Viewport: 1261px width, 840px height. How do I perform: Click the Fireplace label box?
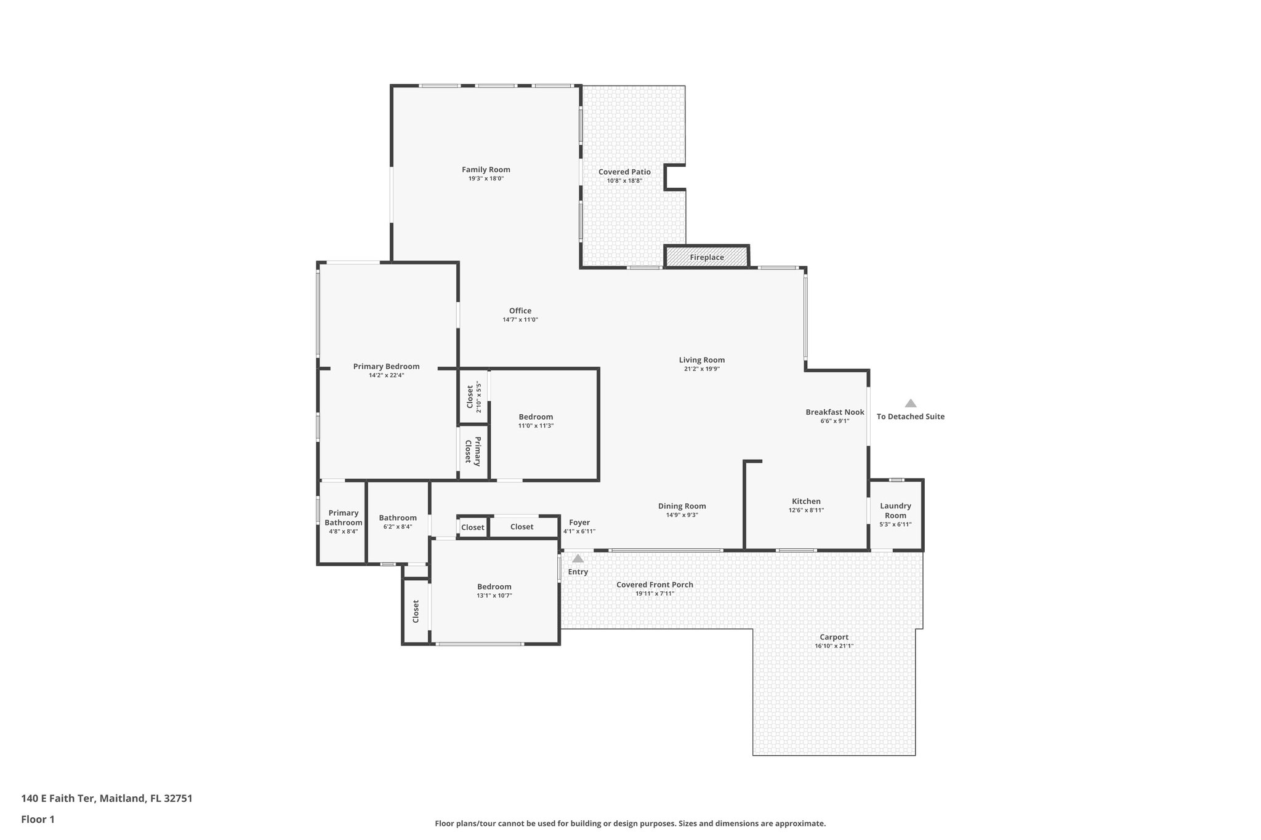706,257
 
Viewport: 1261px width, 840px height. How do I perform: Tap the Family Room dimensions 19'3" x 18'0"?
486,178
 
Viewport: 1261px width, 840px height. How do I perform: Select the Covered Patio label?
624,172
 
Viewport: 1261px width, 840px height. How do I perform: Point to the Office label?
520,311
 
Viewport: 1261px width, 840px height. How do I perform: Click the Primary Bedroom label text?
386,366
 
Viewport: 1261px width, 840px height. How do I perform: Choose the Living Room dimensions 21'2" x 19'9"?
701,369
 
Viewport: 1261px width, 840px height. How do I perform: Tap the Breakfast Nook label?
834,412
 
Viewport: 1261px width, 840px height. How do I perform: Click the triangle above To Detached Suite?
910,403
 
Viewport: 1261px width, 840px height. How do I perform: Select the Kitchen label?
806,502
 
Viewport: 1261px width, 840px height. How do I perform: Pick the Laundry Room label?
895,510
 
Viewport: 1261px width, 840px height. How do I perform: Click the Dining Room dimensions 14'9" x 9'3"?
682,515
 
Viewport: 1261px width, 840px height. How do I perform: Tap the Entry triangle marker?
578,559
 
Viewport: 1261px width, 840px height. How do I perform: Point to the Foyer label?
579,522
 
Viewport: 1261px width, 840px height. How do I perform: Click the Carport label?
834,637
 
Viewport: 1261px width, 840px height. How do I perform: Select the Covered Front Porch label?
655,585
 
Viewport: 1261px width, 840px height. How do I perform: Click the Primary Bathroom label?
343,518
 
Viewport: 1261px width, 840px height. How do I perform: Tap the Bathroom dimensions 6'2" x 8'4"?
397,527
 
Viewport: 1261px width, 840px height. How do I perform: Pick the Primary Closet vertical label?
472,451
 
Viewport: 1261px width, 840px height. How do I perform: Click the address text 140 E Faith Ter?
58,798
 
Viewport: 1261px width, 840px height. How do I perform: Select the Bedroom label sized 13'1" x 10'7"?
494,586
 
